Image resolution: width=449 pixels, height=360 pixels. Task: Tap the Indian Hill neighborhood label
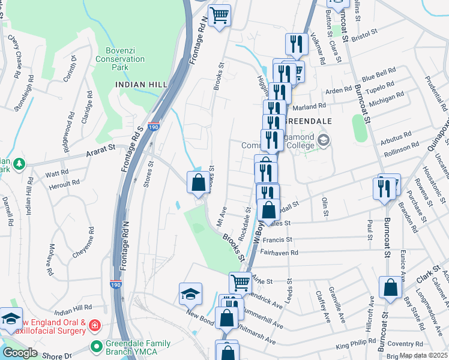pos(141,85)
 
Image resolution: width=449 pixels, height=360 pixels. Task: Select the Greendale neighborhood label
pos(307,120)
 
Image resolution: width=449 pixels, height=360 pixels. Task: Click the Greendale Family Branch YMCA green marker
pos(95,346)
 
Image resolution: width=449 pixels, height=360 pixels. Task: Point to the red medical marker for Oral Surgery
pos(94,326)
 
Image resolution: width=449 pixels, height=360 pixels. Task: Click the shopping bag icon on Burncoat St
pos(390,287)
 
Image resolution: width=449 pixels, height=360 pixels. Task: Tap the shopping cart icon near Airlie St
pos(240,281)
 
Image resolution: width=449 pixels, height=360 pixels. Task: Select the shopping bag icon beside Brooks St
pos(198,182)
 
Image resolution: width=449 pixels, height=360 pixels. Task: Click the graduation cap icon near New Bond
pos(190,293)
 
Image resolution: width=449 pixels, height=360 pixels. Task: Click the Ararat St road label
pos(100,146)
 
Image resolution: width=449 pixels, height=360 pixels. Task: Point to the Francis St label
pos(280,239)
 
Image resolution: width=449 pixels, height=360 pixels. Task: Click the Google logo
pos(20,353)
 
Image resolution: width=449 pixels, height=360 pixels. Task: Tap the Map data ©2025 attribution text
pos(424,355)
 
